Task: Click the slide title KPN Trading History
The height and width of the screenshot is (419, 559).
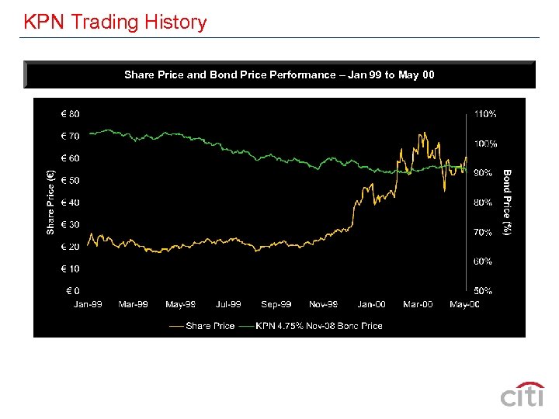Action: click(x=115, y=22)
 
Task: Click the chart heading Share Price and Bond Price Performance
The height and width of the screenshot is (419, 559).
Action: click(x=279, y=75)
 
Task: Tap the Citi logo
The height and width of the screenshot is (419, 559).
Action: click(x=522, y=395)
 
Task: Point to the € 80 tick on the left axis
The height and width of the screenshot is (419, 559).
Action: click(x=70, y=114)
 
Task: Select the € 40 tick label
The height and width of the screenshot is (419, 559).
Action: click(x=70, y=203)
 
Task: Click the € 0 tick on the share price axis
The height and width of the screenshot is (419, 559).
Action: click(x=72, y=291)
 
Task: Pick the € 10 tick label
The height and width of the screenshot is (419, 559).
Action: click(x=70, y=268)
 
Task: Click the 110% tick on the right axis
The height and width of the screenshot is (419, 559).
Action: click(x=485, y=114)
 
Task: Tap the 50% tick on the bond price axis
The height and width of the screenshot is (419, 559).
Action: click(x=483, y=291)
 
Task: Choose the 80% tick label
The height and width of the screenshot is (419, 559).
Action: click(x=483, y=203)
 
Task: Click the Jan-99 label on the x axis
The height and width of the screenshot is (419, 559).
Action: click(x=88, y=304)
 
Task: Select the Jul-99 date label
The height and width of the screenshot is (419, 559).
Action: click(x=228, y=304)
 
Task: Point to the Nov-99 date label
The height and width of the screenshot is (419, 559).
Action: click(x=323, y=304)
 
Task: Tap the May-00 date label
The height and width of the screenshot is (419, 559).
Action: click(x=464, y=304)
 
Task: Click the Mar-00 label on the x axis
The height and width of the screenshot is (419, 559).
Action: click(x=418, y=304)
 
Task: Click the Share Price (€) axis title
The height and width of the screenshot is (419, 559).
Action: click(x=50, y=203)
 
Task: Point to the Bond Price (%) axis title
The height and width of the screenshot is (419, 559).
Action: click(x=506, y=203)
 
